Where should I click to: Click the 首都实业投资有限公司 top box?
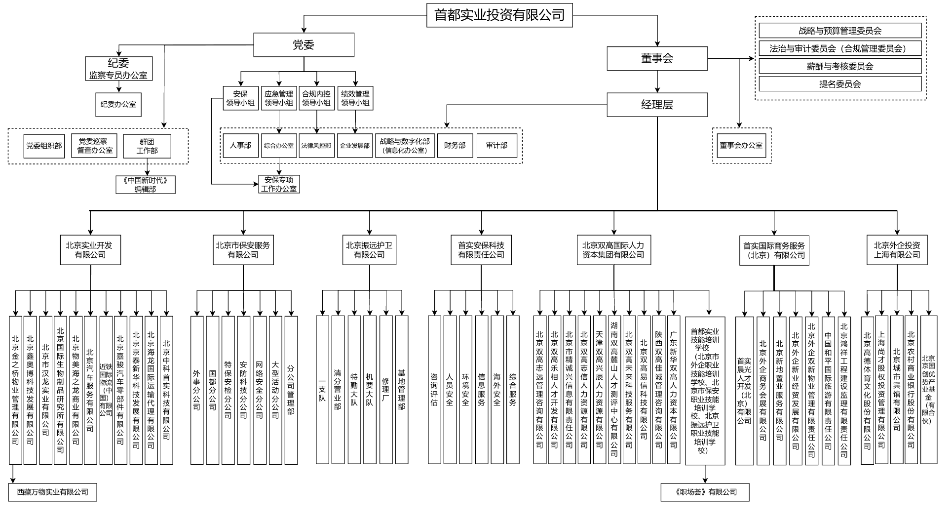click(x=499, y=15)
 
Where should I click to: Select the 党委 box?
click(x=304, y=45)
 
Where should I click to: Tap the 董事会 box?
click(x=657, y=58)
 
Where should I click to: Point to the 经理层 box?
click(x=657, y=105)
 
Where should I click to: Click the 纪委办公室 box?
click(x=118, y=105)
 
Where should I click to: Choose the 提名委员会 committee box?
click(x=839, y=84)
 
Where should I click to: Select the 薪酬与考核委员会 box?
click(x=839, y=66)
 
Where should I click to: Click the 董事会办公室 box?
click(x=741, y=145)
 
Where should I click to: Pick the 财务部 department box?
click(x=455, y=145)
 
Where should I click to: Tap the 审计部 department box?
click(x=496, y=145)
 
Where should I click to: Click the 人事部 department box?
click(x=240, y=145)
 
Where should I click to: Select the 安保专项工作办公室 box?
click(x=279, y=184)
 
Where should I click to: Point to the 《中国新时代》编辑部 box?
click(x=145, y=185)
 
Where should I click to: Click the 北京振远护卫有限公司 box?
click(x=369, y=250)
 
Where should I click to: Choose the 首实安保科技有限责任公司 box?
click(x=481, y=250)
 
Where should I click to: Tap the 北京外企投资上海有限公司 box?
click(x=897, y=250)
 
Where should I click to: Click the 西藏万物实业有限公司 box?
click(x=52, y=492)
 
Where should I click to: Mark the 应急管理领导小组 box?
click(x=279, y=98)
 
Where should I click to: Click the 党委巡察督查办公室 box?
click(x=95, y=146)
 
